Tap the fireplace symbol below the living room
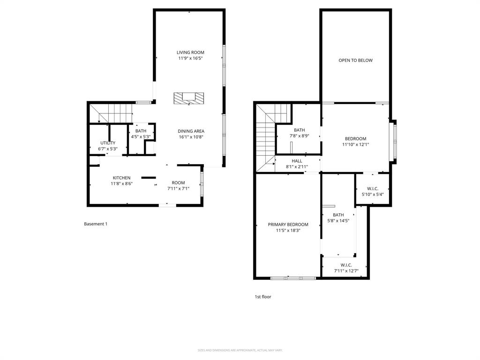(x=189, y=98)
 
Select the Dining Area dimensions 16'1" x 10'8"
(x=191, y=137)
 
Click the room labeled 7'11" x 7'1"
(x=178, y=186)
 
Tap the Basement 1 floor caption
(x=96, y=224)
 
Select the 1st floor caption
(x=262, y=297)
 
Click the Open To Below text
(x=355, y=60)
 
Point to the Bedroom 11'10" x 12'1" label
(x=355, y=142)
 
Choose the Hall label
(x=297, y=164)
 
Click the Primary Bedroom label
(x=288, y=227)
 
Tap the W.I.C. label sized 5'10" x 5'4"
(x=373, y=191)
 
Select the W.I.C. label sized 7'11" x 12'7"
(x=346, y=268)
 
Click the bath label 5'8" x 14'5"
(x=338, y=217)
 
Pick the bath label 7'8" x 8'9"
(x=299, y=133)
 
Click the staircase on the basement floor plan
(x=115, y=113)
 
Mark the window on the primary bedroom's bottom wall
(x=293, y=278)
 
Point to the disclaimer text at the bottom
(x=240, y=350)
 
